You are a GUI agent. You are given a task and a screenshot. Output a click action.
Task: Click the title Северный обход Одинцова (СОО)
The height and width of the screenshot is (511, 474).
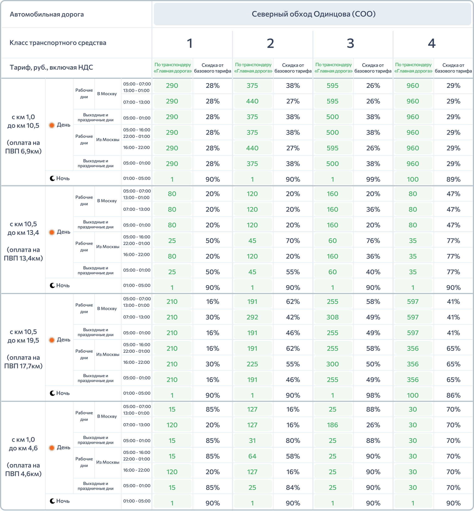click(x=313, y=14)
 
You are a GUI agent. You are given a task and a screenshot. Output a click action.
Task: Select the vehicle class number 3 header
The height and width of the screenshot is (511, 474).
click(x=350, y=43)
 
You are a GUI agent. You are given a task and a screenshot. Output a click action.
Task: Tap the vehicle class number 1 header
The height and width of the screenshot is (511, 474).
click(x=189, y=43)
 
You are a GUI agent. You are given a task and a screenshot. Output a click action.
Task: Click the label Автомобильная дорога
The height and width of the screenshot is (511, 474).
click(x=47, y=14)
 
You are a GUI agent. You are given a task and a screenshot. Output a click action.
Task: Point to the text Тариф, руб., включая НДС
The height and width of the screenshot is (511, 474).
click(x=51, y=68)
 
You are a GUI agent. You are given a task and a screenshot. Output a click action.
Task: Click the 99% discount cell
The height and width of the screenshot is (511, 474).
click(x=373, y=179)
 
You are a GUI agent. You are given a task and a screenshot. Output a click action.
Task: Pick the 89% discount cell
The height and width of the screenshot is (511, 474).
click(x=453, y=179)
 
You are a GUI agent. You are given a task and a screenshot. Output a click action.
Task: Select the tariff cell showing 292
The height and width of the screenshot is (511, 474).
click(x=252, y=317)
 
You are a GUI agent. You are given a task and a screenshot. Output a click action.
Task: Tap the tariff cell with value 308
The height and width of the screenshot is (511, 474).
click(x=332, y=317)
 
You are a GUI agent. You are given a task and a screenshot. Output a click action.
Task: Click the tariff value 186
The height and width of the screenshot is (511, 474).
click(x=332, y=425)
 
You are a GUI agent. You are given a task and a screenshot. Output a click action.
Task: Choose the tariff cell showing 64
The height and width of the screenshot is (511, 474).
click(x=252, y=456)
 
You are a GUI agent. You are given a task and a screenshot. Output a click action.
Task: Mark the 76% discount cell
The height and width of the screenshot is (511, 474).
click(x=373, y=241)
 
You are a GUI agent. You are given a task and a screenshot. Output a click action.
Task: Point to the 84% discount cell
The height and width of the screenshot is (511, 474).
click(x=293, y=487)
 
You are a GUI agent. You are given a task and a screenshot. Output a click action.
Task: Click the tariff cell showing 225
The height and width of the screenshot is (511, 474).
click(x=252, y=364)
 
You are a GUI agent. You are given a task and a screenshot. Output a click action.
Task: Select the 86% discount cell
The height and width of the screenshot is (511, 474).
click(x=453, y=395)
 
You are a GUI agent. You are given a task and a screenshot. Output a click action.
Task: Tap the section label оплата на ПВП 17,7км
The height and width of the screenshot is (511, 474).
click(x=23, y=362)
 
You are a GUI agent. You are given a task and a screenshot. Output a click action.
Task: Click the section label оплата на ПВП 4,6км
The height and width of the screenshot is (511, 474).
click(x=23, y=469)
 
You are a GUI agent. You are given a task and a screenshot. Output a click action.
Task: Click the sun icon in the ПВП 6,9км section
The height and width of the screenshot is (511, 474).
click(x=52, y=125)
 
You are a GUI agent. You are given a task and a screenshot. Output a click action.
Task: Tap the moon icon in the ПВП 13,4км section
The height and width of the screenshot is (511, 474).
click(x=52, y=285)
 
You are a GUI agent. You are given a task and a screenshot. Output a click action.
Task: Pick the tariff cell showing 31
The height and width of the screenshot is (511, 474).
click(x=252, y=441)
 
